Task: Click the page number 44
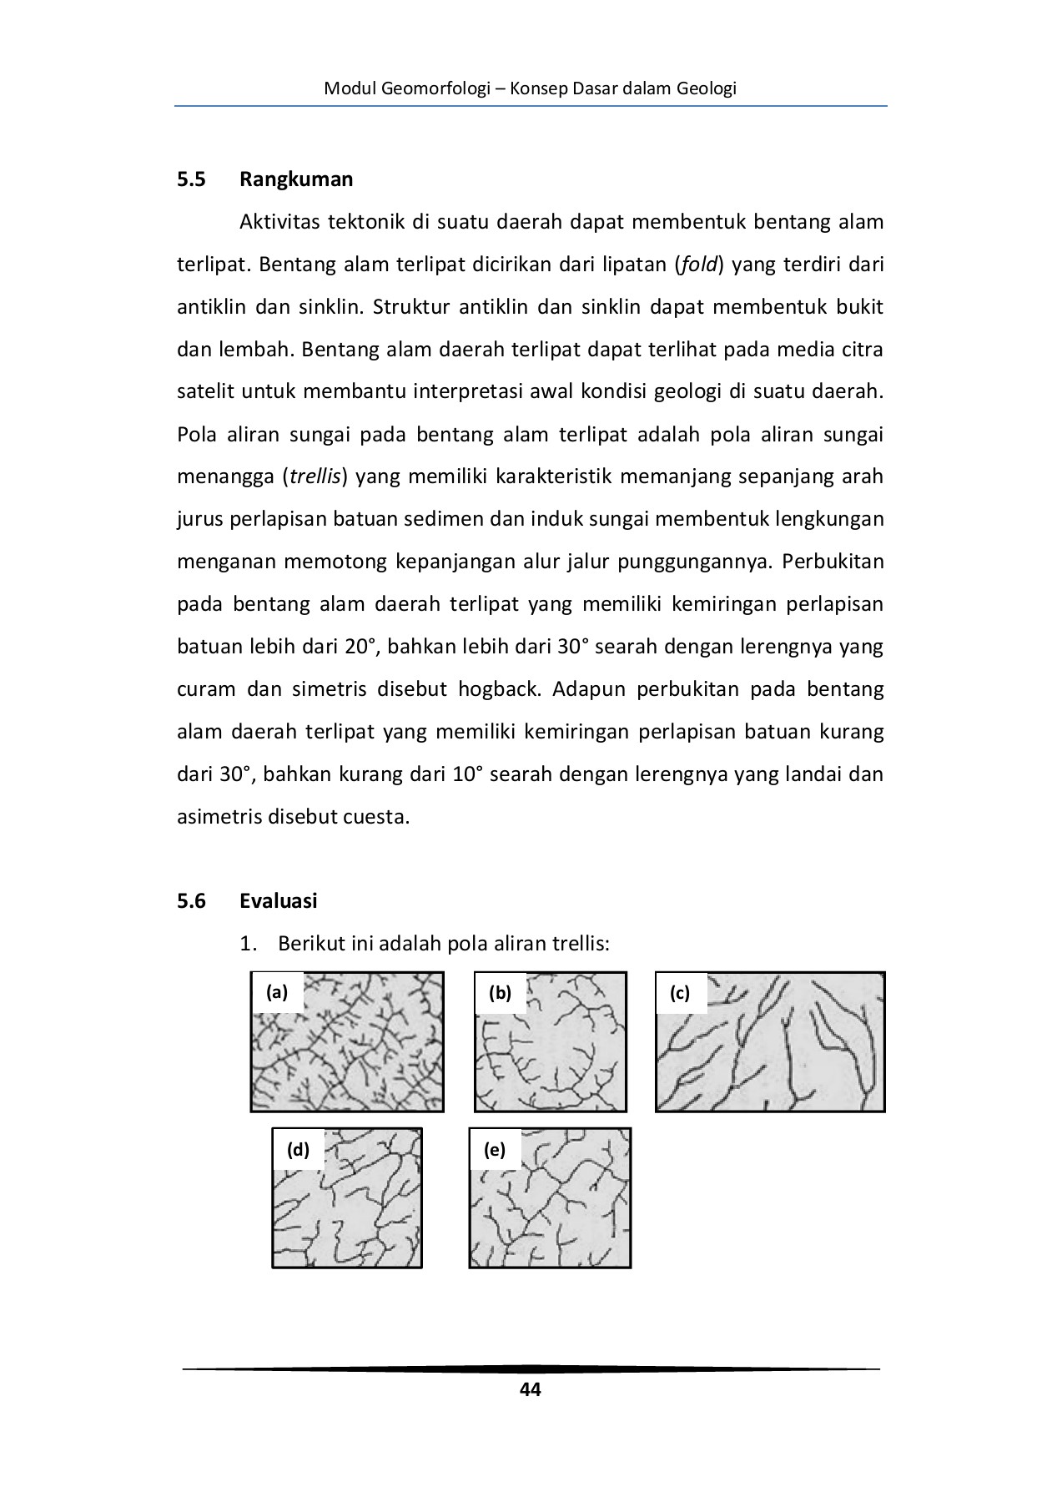point(530,1389)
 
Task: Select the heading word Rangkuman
point(295,179)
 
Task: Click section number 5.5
point(191,179)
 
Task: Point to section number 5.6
point(191,901)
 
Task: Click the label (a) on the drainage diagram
point(276,992)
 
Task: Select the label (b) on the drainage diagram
point(500,992)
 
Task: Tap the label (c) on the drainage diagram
point(680,993)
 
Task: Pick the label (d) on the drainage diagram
point(298,1150)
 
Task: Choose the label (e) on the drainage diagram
point(495,1150)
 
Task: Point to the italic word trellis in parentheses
point(315,477)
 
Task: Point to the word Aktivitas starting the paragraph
point(279,223)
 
